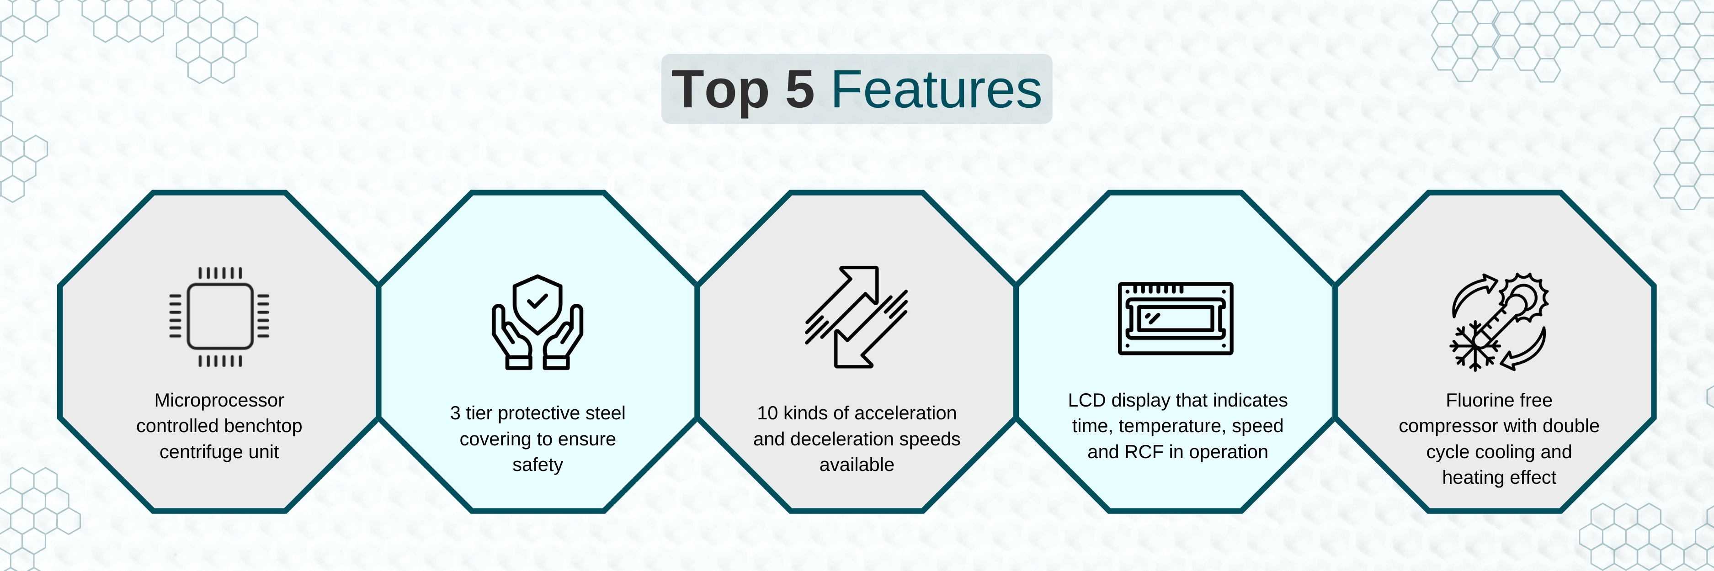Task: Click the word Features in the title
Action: pyautogui.click(x=936, y=90)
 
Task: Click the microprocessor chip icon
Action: pyautogui.click(x=219, y=317)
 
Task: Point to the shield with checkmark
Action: pyautogui.click(x=538, y=304)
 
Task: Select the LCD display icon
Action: pyautogui.click(x=1176, y=318)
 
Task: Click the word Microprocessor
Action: pyautogui.click(x=219, y=400)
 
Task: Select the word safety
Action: pyautogui.click(x=538, y=465)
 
